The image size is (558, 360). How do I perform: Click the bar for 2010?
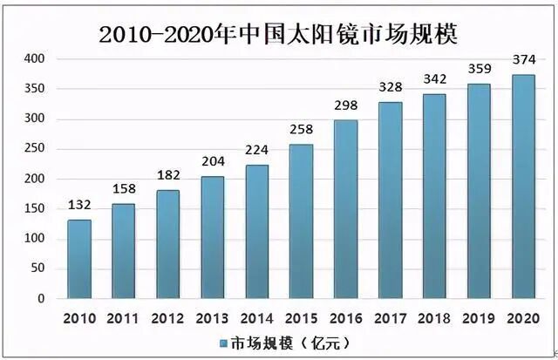click(x=79, y=259)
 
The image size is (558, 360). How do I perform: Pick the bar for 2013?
click(x=212, y=237)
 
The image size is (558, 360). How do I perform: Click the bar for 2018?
click(x=435, y=196)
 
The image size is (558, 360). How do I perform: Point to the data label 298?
click(x=346, y=105)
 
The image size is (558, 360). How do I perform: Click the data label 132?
click(x=79, y=206)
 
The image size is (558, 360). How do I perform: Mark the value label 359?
click(x=480, y=70)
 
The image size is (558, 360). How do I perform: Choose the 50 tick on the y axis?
click(x=38, y=268)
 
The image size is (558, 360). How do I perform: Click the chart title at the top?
click(x=279, y=34)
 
